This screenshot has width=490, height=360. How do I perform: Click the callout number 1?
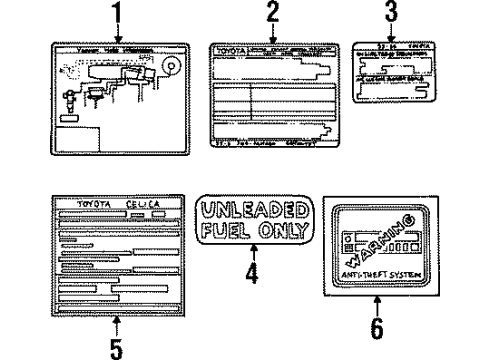point(121,14)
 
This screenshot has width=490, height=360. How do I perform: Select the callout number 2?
point(272,14)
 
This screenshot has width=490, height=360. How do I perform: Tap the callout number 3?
point(391,14)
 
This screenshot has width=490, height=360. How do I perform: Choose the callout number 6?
point(377,327)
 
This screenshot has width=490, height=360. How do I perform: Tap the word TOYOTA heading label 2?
point(228,48)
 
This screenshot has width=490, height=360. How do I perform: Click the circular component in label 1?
point(168,69)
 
